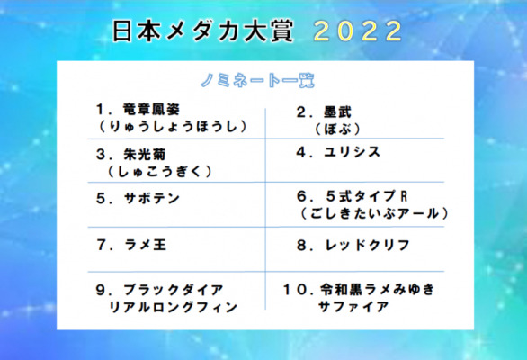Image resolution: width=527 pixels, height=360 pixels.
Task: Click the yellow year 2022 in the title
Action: tap(358, 31)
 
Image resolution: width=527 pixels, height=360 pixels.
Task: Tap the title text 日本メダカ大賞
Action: tap(202, 31)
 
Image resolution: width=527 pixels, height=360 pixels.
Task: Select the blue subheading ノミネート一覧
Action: tap(257, 81)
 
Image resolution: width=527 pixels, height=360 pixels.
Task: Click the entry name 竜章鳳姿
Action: tap(152, 109)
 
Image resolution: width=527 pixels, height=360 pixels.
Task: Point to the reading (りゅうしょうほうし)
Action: tap(173, 127)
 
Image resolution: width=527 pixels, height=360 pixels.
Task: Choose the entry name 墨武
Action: tap(337, 112)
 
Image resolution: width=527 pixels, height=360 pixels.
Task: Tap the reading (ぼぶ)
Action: tap(337, 130)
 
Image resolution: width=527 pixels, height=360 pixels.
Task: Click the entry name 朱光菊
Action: tap(145, 155)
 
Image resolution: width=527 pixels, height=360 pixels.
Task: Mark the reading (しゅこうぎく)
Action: tap(160, 172)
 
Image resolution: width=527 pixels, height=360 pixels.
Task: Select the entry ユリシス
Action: tap(352, 152)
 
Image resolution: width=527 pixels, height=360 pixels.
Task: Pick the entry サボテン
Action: tap(152, 199)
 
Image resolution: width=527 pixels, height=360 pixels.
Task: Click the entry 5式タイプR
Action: tap(367, 196)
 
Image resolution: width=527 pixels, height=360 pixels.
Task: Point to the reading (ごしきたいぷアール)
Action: tap(374, 213)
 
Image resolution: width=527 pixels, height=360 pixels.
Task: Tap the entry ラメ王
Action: tap(145, 245)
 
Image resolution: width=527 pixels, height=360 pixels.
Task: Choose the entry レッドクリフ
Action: tap(367, 246)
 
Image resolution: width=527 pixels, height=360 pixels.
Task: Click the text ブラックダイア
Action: tap(173, 290)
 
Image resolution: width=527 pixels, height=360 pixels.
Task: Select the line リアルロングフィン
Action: tap(173, 307)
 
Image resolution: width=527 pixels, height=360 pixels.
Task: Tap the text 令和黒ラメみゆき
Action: tap(378, 289)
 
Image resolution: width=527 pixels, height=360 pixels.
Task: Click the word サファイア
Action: tap(353, 307)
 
